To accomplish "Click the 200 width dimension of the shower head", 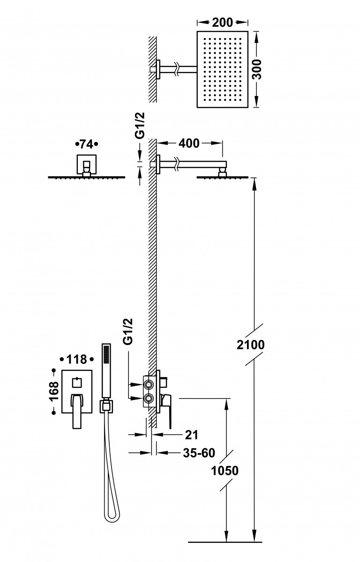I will pyautogui.click(x=223, y=22).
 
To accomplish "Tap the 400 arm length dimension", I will pyautogui.click(x=189, y=143).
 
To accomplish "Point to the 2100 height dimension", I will pyautogui.click(x=250, y=345).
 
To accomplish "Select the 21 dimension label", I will pyautogui.click(x=192, y=435).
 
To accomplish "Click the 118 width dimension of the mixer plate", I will pyautogui.click(x=76, y=359).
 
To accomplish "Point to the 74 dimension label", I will pyautogui.click(x=87, y=143).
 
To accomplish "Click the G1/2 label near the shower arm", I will pyautogui.click(x=139, y=126).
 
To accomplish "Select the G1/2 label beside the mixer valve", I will pyautogui.click(x=128, y=332).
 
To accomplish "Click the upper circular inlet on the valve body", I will pyautogui.click(x=149, y=385).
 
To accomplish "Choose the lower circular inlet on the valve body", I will pyautogui.click(x=149, y=399).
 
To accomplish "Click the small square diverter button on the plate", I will pyautogui.click(x=76, y=383).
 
